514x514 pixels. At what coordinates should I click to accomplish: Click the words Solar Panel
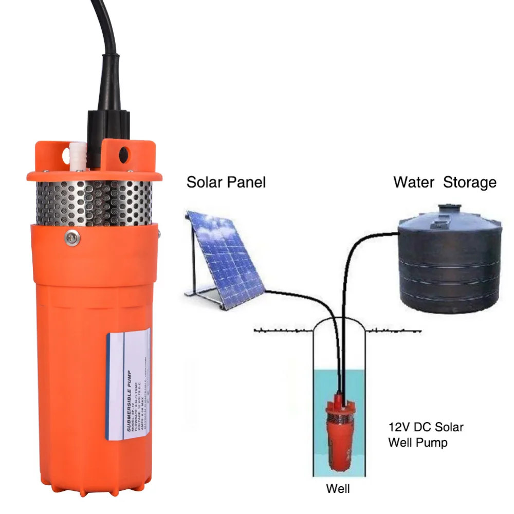coord(226,182)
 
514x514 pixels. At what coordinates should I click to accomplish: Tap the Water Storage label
coord(445,182)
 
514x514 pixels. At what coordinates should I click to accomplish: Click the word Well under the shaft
coord(338,489)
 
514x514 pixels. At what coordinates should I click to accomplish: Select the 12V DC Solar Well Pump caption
coord(426,434)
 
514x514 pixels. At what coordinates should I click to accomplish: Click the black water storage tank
coord(449,267)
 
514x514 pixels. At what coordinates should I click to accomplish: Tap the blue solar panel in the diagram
coord(226,252)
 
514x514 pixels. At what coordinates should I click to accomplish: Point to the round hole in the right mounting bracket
coord(123,154)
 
